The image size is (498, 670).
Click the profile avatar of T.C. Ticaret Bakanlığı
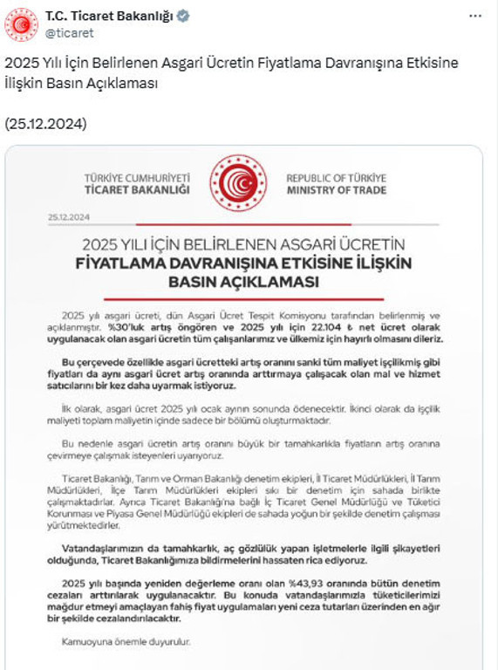point(22,24)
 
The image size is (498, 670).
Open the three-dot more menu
point(474,17)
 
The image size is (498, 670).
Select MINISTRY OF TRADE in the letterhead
point(336,189)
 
